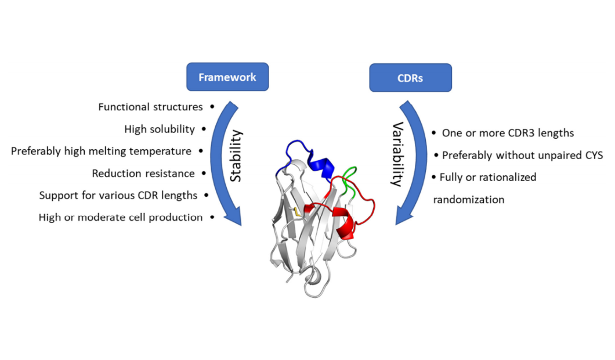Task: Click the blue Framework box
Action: (x=227, y=77)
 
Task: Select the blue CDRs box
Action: (x=411, y=77)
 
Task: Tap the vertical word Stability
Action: (x=236, y=156)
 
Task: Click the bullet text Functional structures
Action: (x=150, y=107)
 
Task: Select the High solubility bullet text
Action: (x=160, y=129)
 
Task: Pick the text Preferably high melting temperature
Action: (x=101, y=151)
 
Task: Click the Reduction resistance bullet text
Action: (x=143, y=173)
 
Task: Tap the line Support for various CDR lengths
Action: (x=118, y=195)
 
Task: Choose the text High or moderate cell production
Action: (x=121, y=217)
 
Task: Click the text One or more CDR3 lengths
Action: (x=508, y=133)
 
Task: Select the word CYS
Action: (x=592, y=155)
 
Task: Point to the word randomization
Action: (x=469, y=199)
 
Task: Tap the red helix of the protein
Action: (x=345, y=224)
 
